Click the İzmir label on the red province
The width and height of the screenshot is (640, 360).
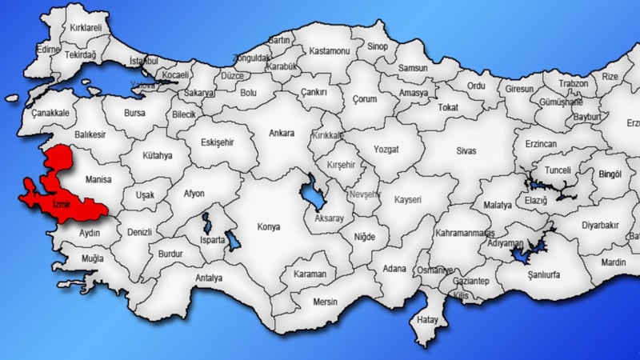tap(62, 206)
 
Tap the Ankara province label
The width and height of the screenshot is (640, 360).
tap(281, 133)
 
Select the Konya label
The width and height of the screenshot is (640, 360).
tap(268, 227)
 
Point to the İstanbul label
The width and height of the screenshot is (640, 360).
tap(145, 61)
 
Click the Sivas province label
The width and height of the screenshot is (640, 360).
tap(466, 149)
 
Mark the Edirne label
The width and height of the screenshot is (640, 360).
tap(48, 49)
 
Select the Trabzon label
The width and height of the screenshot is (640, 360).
tap(573, 83)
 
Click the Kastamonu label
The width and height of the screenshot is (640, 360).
tap(330, 50)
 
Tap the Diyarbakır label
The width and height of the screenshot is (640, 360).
tap(600, 226)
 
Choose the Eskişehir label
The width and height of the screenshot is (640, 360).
tap(218, 141)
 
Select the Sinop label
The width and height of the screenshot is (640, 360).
tap(377, 47)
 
